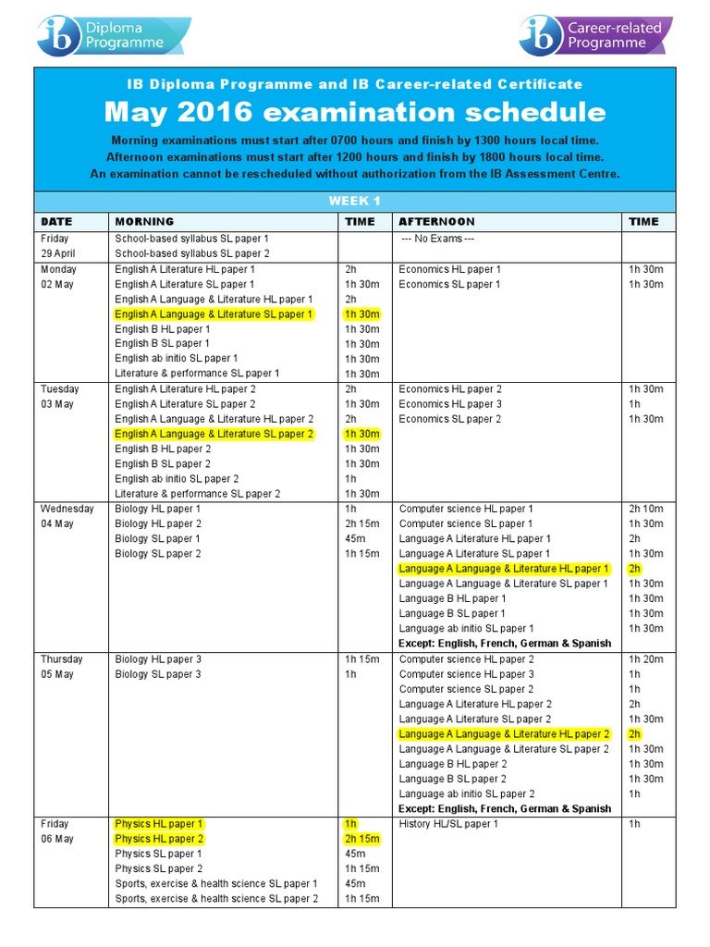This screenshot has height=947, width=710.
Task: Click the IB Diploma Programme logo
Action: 113,35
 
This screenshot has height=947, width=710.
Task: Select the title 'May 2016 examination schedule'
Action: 355,113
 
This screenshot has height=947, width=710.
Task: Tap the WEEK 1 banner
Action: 355,201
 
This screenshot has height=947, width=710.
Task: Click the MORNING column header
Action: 143,222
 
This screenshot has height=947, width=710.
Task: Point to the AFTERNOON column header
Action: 436,222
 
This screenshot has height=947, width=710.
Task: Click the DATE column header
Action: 56,222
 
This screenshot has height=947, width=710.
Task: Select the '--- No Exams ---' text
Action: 437,239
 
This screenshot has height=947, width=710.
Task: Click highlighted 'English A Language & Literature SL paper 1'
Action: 214,314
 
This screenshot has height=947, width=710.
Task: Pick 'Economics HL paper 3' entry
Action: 450,404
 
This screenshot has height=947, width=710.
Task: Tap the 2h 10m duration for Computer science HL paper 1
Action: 645,509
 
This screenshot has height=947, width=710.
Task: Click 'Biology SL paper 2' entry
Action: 157,554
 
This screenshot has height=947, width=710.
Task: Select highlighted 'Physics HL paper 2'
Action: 159,839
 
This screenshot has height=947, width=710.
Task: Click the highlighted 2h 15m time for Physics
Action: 361,839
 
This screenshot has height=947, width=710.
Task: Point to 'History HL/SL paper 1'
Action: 448,824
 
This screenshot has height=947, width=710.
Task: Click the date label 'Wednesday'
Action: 67,509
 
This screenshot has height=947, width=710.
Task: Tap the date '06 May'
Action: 57,839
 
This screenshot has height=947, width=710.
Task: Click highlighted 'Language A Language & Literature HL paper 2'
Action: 504,733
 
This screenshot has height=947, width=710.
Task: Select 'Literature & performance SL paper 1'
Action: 197,374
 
